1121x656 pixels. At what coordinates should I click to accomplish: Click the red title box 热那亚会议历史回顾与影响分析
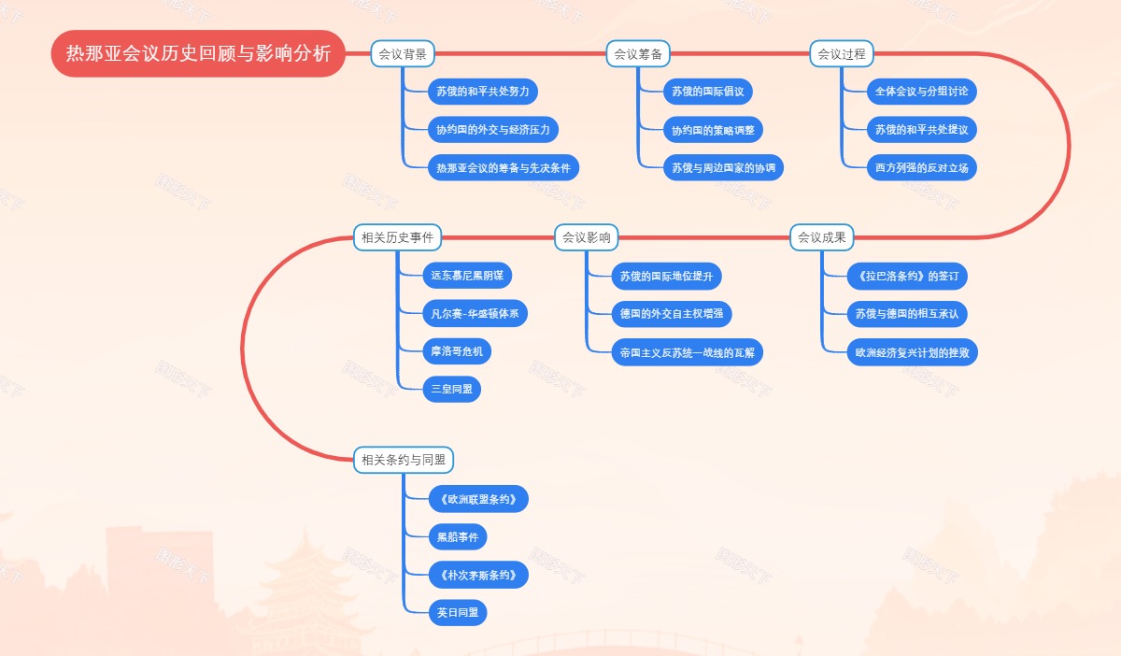[x=198, y=54]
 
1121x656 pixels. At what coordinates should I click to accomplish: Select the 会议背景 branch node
[x=403, y=54]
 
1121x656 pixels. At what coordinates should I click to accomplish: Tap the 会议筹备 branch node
[x=638, y=54]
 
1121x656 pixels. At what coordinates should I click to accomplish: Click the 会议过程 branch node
[x=842, y=54]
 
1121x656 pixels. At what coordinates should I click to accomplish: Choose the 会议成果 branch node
[x=821, y=237]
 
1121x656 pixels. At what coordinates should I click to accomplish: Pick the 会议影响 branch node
[x=586, y=237]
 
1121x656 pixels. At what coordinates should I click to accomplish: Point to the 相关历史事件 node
[x=397, y=237]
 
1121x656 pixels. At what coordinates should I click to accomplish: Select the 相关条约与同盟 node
[x=404, y=460]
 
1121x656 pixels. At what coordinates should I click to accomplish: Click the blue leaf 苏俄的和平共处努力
[x=482, y=92]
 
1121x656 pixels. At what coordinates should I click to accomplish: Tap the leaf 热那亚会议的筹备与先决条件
[x=503, y=168]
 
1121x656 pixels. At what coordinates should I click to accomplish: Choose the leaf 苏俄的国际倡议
[x=708, y=92]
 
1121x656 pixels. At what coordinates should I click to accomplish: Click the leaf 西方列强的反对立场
[x=921, y=168]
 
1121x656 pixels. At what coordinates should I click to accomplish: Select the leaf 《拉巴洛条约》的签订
[x=907, y=277]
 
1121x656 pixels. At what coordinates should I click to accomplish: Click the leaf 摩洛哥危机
[x=457, y=351]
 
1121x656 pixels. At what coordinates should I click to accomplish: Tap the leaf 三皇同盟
[x=451, y=389]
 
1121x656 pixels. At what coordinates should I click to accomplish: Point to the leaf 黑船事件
[x=458, y=536]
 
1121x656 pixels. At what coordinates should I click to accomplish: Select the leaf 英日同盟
[x=458, y=613]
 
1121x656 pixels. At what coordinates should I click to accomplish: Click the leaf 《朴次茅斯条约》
[x=476, y=575]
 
